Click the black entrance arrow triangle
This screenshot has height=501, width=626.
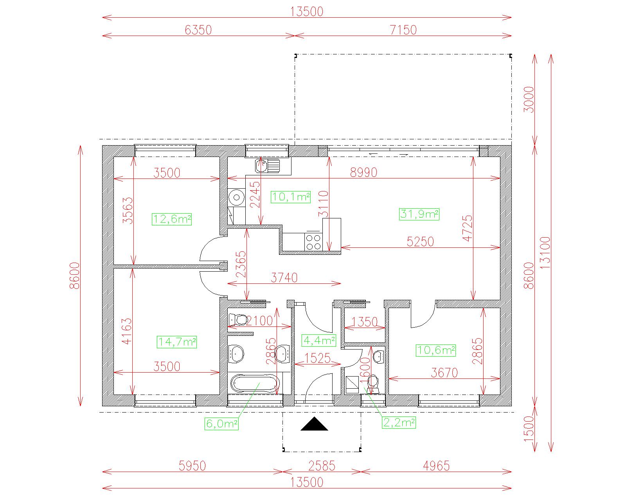[x=314, y=424]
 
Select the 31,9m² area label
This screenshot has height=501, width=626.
[x=419, y=214]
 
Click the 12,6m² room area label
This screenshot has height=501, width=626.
[x=172, y=219]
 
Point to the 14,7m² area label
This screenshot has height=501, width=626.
[x=177, y=342]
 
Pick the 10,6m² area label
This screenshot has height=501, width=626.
[x=436, y=350]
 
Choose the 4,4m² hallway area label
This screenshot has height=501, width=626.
[x=319, y=340]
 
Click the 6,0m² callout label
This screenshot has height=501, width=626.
[x=222, y=424]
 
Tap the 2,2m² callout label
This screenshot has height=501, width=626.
[x=399, y=422]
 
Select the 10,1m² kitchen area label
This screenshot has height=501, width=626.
[x=291, y=197]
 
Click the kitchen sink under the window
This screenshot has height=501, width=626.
[x=268, y=166]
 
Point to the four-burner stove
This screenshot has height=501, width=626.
[x=313, y=242]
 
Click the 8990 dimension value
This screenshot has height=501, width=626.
[x=363, y=173]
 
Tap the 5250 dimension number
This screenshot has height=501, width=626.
[x=420, y=241]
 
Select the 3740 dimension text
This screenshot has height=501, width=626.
[x=284, y=278]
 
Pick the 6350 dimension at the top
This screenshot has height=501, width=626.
[x=198, y=30]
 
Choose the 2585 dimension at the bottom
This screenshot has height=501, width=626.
[x=322, y=466]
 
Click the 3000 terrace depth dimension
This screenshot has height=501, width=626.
[x=529, y=99]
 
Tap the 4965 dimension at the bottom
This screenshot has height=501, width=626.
[x=436, y=466]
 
